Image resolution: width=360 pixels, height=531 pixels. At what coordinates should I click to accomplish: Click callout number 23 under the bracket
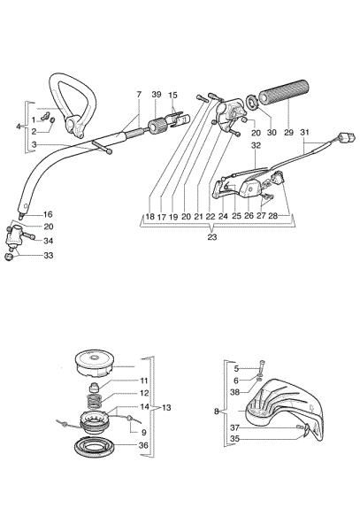[x=212, y=237]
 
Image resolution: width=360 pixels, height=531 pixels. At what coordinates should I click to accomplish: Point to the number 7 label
[x=139, y=94]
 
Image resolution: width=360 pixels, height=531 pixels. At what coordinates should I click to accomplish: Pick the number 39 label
[x=156, y=94]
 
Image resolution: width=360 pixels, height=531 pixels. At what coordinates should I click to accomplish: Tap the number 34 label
[x=24, y=241]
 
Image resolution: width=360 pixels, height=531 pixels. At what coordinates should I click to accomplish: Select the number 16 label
[x=24, y=214]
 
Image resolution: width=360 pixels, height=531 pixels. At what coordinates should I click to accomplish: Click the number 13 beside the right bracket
[x=168, y=407]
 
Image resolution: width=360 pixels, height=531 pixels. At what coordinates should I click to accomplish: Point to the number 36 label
[x=143, y=445]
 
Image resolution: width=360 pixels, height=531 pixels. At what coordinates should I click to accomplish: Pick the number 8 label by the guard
[x=218, y=412]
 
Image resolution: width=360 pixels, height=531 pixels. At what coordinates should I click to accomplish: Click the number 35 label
[x=235, y=438]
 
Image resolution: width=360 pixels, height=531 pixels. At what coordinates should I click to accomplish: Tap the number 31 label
[x=306, y=133]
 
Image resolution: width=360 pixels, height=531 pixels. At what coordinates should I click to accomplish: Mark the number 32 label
[x=256, y=144]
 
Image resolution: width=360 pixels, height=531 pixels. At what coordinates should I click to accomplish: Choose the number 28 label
[x=273, y=215]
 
